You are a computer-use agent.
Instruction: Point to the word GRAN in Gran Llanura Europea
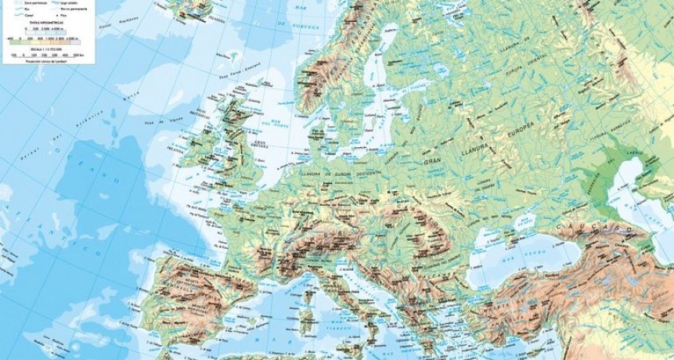[433, 163]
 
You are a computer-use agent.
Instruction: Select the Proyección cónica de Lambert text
[47, 61]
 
